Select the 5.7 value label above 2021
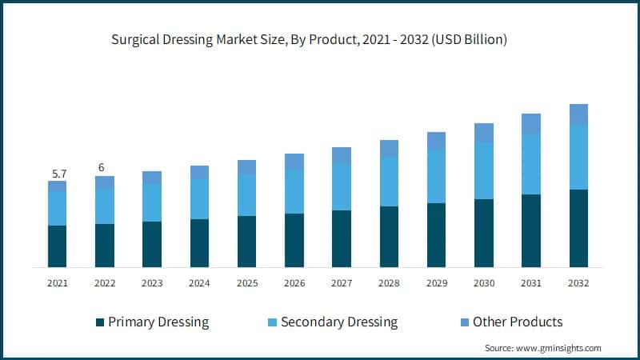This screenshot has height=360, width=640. pyautogui.click(x=57, y=172)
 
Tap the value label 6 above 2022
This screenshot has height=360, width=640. pyautogui.click(x=102, y=167)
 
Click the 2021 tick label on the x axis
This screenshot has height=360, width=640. pyautogui.click(x=57, y=283)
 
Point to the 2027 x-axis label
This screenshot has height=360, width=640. pyautogui.click(x=342, y=283)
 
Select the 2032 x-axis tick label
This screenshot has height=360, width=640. pyautogui.click(x=578, y=283)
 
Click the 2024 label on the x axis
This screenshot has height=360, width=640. pyautogui.click(x=199, y=283)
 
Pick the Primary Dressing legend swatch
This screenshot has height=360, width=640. pyautogui.click(x=100, y=322)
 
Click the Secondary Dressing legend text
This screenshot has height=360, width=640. pyautogui.click(x=339, y=322)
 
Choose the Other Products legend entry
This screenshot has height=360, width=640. pyautogui.click(x=518, y=322)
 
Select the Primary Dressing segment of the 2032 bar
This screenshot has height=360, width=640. pyautogui.click(x=578, y=228)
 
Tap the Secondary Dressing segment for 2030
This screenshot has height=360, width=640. pyautogui.click(x=484, y=170)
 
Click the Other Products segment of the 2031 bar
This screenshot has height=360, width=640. pyautogui.click(x=531, y=123)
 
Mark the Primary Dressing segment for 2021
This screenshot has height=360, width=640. pyautogui.click(x=57, y=246)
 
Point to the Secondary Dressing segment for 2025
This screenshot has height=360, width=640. pyautogui.click(x=246, y=194)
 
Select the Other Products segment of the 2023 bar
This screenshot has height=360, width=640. pyautogui.click(x=152, y=177)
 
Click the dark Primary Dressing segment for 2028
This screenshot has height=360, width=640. pyautogui.click(x=389, y=237)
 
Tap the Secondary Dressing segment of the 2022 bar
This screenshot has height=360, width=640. pyautogui.click(x=104, y=206)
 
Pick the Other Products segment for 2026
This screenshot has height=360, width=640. pyautogui.click(x=294, y=161)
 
